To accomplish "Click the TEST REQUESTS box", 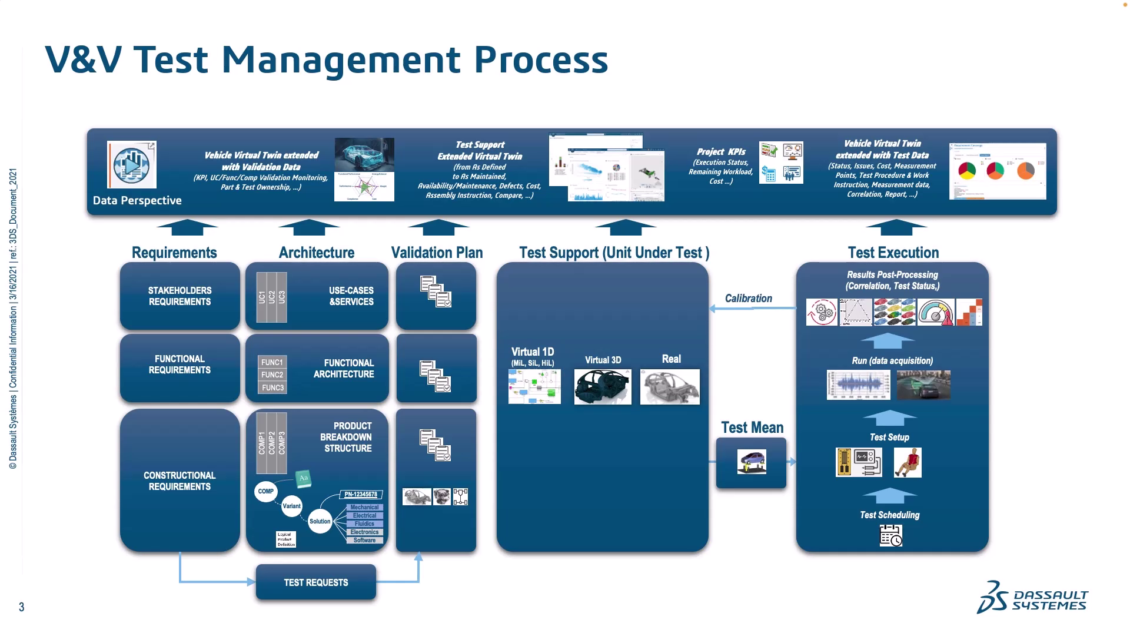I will pyautogui.click(x=316, y=582).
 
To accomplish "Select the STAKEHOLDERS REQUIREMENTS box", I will pyautogui.click(x=180, y=296).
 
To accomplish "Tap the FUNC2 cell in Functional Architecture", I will pyautogui.click(x=272, y=375).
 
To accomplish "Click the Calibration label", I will pyautogui.click(x=748, y=299).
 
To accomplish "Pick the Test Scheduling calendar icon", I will pyautogui.click(x=890, y=535).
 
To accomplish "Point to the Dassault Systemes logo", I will pyautogui.click(x=1033, y=597).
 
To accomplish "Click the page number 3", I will pyautogui.click(x=22, y=607).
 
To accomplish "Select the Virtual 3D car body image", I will pyautogui.click(x=603, y=387).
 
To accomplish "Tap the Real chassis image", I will pyautogui.click(x=670, y=387).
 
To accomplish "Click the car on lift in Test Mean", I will pyautogui.click(x=752, y=462).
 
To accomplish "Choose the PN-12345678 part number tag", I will pyautogui.click(x=361, y=495).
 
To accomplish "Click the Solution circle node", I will pyautogui.click(x=320, y=521).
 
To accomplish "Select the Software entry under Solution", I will pyautogui.click(x=365, y=540).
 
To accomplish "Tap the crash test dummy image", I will pyautogui.click(x=908, y=462).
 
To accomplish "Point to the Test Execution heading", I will pyautogui.click(x=893, y=253).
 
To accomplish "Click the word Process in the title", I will pyautogui.click(x=541, y=59).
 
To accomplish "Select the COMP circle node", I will pyautogui.click(x=265, y=491).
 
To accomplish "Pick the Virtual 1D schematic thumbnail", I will pyautogui.click(x=534, y=387).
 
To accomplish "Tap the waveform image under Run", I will pyautogui.click(x=858, y=385).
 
